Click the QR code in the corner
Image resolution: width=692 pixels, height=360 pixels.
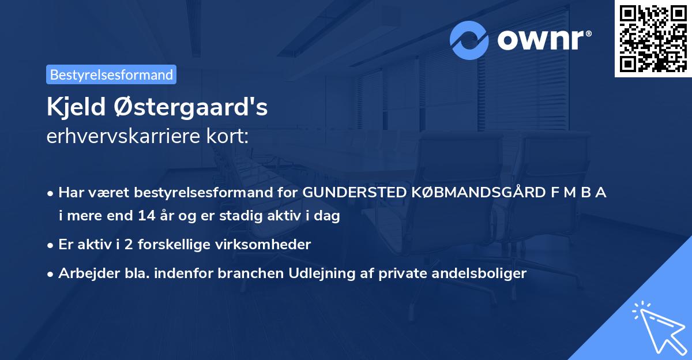[x=653, y=39]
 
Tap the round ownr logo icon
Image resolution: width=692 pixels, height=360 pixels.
[x=469, y=40]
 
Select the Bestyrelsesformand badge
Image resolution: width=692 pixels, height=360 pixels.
[x=111, y=74]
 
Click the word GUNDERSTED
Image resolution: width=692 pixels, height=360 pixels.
[x=346, y=193]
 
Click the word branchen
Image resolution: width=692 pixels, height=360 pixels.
[x=253, y=273]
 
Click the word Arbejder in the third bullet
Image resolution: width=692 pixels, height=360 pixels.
[x=82, y=273]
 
